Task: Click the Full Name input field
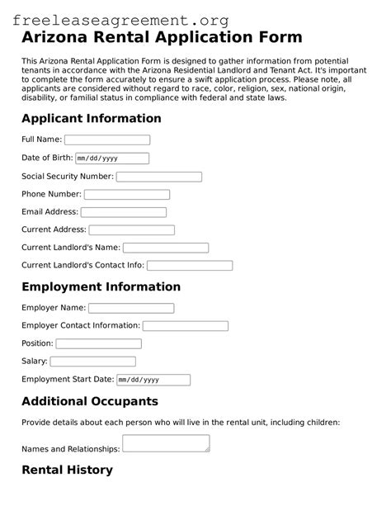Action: [x=107, y=140]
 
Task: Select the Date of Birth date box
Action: [x=112, y=158]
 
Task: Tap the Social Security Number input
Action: [x=159, y=177]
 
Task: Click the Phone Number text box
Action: [x=127, y=195]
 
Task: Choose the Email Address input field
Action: [x=124, y=212]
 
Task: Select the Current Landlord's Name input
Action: [x=166, y=248]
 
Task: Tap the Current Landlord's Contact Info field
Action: [x=190, y=266]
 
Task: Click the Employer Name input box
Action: [x=131, y=308]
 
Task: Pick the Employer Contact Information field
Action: [x=186, y=326]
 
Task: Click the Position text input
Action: [x=99, y=343]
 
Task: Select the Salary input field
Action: [x=93, y=362]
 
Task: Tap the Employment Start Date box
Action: [x=153, y=380]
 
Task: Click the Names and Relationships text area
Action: [x=166, y=443]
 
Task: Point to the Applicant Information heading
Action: [x=92, y=118]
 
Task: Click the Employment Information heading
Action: [x=101, y=287]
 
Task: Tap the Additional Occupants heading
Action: [x=89, y=402]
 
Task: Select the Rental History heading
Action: [x=67, y=471]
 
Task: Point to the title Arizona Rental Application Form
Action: [x=162, y=38]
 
